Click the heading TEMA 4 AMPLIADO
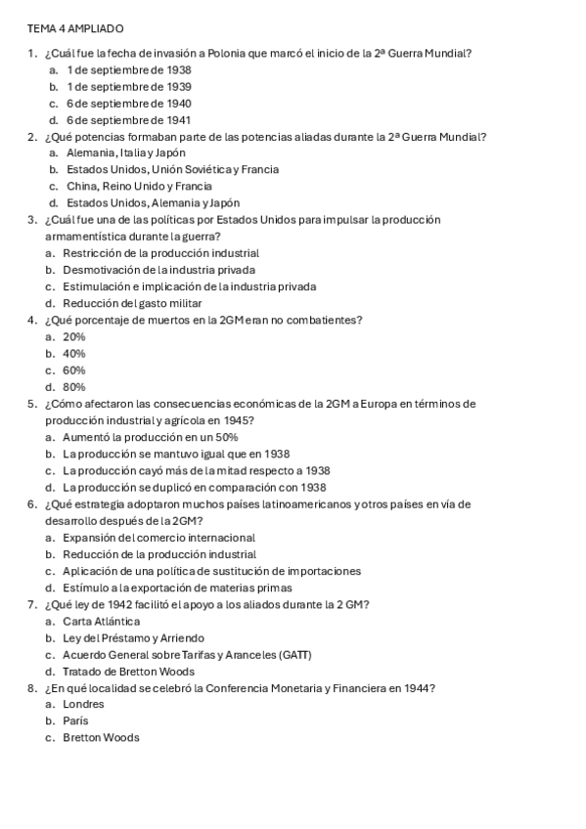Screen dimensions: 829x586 [x=75, y=29]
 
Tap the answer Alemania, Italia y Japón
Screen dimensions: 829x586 [x=126, y=153]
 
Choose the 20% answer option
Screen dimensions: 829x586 [x=74, y=336]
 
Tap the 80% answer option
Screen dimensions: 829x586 [x=74, y=386]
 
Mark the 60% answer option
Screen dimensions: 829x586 [x=74, y=371]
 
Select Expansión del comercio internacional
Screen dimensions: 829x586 [x=158, y=538]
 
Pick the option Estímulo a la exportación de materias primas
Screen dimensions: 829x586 [x=177, y=588]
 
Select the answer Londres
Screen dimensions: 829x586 [x=83, y=704]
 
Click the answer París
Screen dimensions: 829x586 [x=75, y=720]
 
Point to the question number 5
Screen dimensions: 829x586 [x=33, y=404]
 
